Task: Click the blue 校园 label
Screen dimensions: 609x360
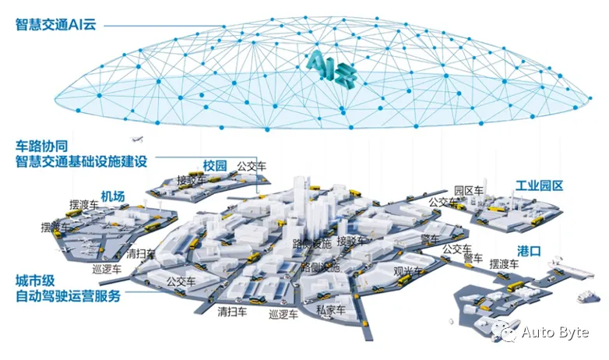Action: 215,165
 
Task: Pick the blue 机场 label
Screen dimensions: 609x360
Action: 112,196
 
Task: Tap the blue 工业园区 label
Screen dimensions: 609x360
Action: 539,186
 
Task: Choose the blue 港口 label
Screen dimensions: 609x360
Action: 530,250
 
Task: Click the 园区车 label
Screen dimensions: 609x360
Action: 469,190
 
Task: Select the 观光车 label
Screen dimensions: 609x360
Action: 408,272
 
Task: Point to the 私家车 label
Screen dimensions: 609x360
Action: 330,309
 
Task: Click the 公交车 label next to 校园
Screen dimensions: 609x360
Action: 252,165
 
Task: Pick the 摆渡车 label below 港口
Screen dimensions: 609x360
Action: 505,264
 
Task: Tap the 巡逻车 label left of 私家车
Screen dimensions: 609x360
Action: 283,316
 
